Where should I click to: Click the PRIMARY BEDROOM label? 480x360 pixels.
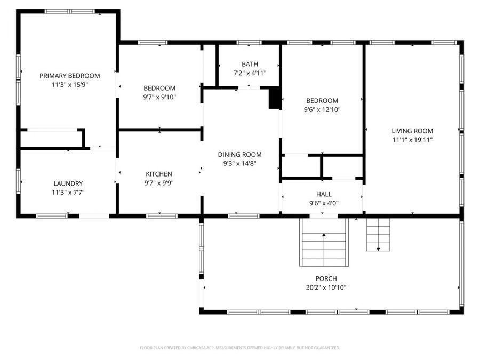pyautogui.click(x=69, y=76)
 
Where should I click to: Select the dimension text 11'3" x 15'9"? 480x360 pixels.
pyautogui.click(x=69, y=84)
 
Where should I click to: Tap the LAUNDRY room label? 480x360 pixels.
pyautogui.click(x=68, y=183)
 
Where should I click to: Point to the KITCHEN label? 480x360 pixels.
pyautogui.click(x=159, y=174)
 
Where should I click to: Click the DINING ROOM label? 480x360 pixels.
pyautogui.click(x=239, y=155)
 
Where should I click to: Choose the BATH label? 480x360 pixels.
pyautogui.click(x=249, y=64)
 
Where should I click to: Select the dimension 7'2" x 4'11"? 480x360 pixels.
pyautogui.click(x=249, y=73)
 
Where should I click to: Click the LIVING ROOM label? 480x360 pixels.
pyautogui.click(x=412, y=131)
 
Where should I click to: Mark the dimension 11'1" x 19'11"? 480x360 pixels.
pyautogui.click(x=412, y=140)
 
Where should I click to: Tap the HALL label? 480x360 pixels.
pyautogui.click(x=323, y=194)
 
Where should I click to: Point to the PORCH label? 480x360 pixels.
pyautogui.click(x=326, y=278)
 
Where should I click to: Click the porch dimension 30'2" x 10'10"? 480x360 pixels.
pyautogui.click(x=326, y=287)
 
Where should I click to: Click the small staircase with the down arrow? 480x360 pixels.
pyautogui.click(x=378, y=235)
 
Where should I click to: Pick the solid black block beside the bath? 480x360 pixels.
pyautogui.click(x=274, y=99)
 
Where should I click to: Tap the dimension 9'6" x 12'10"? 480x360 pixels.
pyautogui.click(x=322, y=110)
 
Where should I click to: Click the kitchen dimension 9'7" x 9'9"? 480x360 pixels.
pyautogui.click(x=159, y=183)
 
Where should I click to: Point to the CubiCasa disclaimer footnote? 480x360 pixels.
pyautogui.click(x=239, y=348)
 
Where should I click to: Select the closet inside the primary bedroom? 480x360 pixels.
pyautogui.click(x=52, y=138)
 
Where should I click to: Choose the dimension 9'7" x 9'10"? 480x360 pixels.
pyautogui.click(x=159, y=97)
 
